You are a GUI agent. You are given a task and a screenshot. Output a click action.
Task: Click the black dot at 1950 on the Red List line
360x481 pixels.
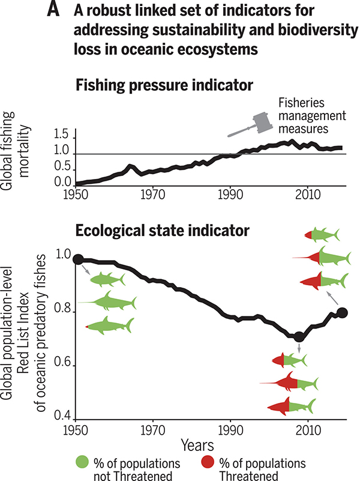tap(77, 259)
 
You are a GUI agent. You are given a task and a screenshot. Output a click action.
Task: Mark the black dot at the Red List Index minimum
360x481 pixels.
tap(299, 337)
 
